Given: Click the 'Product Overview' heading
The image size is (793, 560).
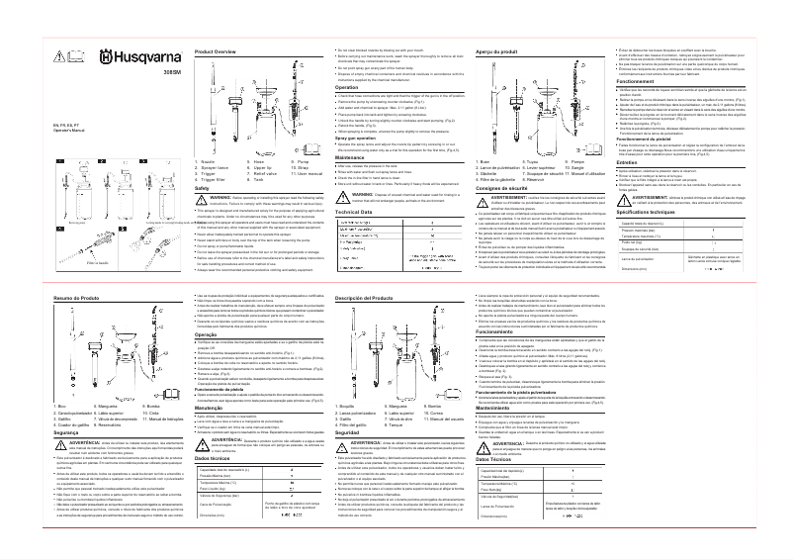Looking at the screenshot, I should (215, 50).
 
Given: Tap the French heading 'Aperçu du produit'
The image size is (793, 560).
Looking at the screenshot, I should (497, 50).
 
